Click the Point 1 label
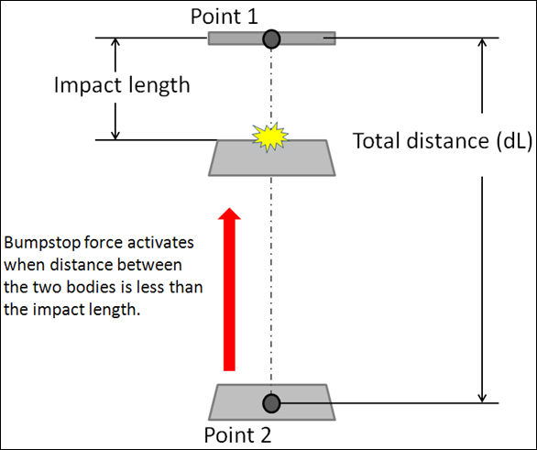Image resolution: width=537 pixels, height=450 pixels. [x=224, y=16]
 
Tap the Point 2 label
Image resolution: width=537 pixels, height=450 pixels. [x=237, y=435]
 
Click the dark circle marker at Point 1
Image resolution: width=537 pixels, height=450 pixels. [x=271, y=39]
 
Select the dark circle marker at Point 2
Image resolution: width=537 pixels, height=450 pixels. [x=271, y=403]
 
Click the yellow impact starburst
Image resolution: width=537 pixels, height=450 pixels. [x=270, y=137]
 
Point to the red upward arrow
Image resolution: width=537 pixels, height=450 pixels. [x=229, y=289]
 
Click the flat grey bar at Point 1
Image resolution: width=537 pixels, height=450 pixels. [x=272, y=38]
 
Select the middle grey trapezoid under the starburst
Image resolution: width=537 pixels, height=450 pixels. [x=272, y=158]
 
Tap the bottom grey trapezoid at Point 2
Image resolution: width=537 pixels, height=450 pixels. [x=272, y=402]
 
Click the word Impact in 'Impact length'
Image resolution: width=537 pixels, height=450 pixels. [x=88, y=85]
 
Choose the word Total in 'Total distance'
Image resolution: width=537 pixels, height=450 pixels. [x=377, y=140]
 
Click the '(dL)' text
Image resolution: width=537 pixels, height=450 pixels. [x=515, y=141]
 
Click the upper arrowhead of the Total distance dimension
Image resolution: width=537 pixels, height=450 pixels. [x=482, y=42]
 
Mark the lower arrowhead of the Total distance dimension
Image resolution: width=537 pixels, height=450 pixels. [x=482, y=399]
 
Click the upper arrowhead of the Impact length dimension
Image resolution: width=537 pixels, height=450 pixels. [x=115, y=42]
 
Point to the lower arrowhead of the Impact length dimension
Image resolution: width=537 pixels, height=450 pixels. [x=115, y=136]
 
